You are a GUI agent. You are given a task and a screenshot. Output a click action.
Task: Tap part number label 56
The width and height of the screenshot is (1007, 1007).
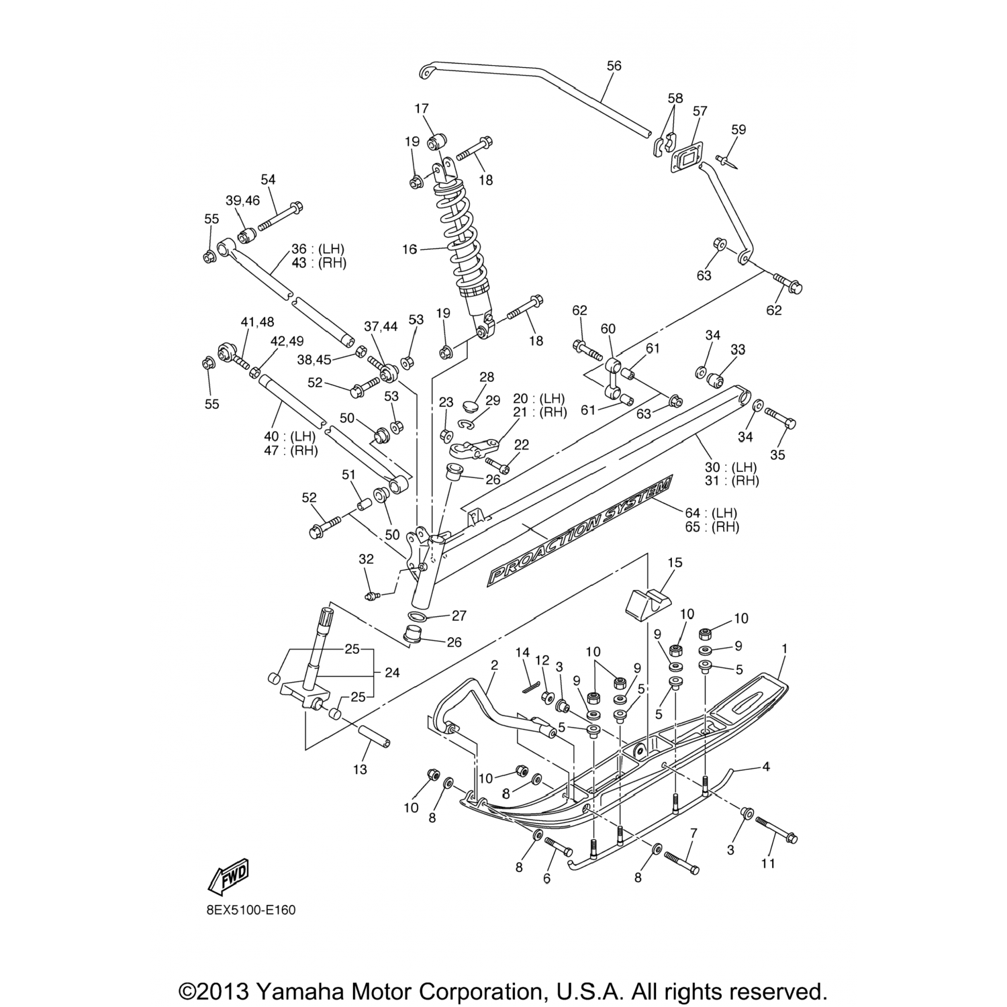coord(614,66)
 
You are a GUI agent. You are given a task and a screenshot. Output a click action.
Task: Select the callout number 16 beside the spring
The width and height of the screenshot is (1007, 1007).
coord(410,249)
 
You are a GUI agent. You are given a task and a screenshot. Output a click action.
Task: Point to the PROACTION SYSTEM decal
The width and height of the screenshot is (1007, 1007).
coord(580,530)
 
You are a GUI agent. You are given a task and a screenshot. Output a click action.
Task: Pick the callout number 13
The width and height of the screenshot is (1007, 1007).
coord(361,769)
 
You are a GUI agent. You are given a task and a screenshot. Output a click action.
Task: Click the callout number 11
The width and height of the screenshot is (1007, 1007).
coord(768,863)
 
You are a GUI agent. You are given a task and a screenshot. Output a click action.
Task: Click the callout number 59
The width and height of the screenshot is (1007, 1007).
coord(738,130)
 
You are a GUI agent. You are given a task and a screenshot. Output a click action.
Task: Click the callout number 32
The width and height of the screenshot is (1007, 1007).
coord(366,559)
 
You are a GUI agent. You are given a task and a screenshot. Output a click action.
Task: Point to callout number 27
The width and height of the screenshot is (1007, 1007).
coord(459,615)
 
